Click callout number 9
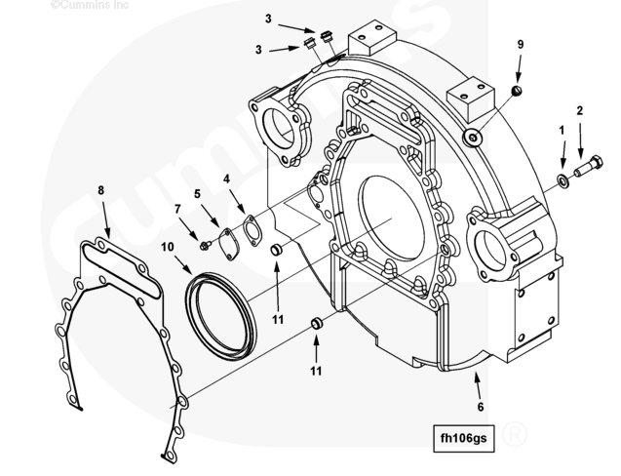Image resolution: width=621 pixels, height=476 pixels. pyautogui.click(x=521, y=45)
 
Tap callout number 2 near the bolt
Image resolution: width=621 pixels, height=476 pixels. pyautogui.click(x=580, y=111)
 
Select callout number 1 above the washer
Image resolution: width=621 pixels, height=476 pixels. pyautogui.click(x=562, y=129)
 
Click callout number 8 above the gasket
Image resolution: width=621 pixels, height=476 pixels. pyautogui.click(x=100, y=189)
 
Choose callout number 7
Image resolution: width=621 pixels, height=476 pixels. pyautogui.click(x=178, y=209)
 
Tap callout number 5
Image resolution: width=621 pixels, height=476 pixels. pyautogui.click(x=200, y=194)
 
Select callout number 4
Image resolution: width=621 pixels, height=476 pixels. pyautogui.click(x=226, y=179)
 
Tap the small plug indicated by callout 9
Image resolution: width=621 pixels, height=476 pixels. pyautogui.click(x=517, y=92)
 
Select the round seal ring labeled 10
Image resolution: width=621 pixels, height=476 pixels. pyautogui.click(x=222, y=311)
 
